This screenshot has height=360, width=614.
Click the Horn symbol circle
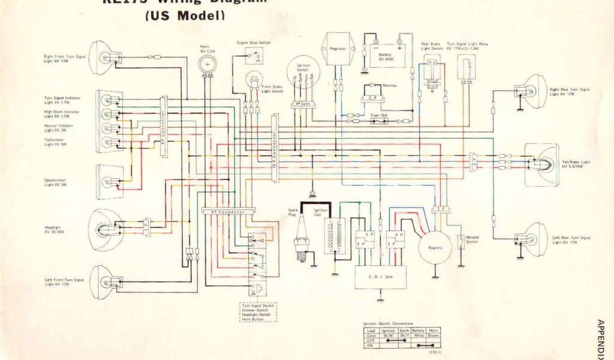[x=208, y=64]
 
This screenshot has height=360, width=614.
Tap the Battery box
[x=386, y=55]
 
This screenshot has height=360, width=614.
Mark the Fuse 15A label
[x=379, y=115]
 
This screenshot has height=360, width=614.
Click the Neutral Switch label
[x=472, y=239]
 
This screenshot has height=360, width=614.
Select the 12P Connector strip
[x=275, y=144]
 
